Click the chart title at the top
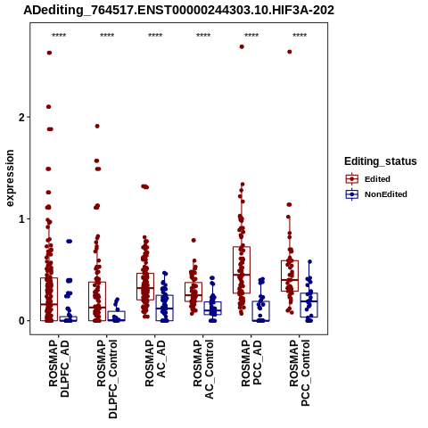pyautogui.click(x=178, y=10)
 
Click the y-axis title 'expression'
pyautogui.click(x=10, y=178)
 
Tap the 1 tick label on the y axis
pyautogui.click(x=21, y=219)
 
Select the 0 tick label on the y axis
pyautogui.click(x=21, y=321)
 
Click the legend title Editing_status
pyautogui.click(x=381, y=161)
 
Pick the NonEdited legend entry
pyautogui.click(x=376, y=194)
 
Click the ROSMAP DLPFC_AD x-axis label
pyautogui.click(x=59, y=368)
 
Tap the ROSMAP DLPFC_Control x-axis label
pyautogui.click(x=107, y=379)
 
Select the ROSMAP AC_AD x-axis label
pyautogui.click(x=155, y=363)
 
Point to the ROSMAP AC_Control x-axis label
pyautogui.click(x=203, y=369)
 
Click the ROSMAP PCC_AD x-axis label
pyautogui.click(x=251, y=363)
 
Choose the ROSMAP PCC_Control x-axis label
pyautogui.click(x=300, y=373)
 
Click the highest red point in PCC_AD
pyautogui.click(x=242, y=46)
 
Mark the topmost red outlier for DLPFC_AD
pyautogui.click(x=49, y=53)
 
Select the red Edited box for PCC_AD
pyautogui.click(x=242, y=270)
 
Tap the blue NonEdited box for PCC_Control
pyautogui.click(x=309, y=305)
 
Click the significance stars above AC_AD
pyautogui.click(x=155, y=36)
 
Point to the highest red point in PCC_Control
pyautogui.click(x=290, y=52)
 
